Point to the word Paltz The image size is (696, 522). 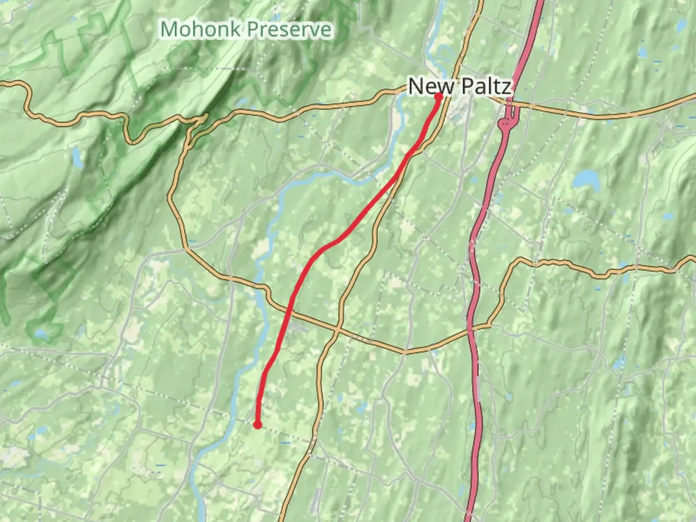(x=484, y=87)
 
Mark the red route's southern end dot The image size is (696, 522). (x=258, y=424)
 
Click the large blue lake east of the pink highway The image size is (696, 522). (x=586, y=179)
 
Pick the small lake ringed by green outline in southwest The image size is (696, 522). (x=42, y=333)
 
